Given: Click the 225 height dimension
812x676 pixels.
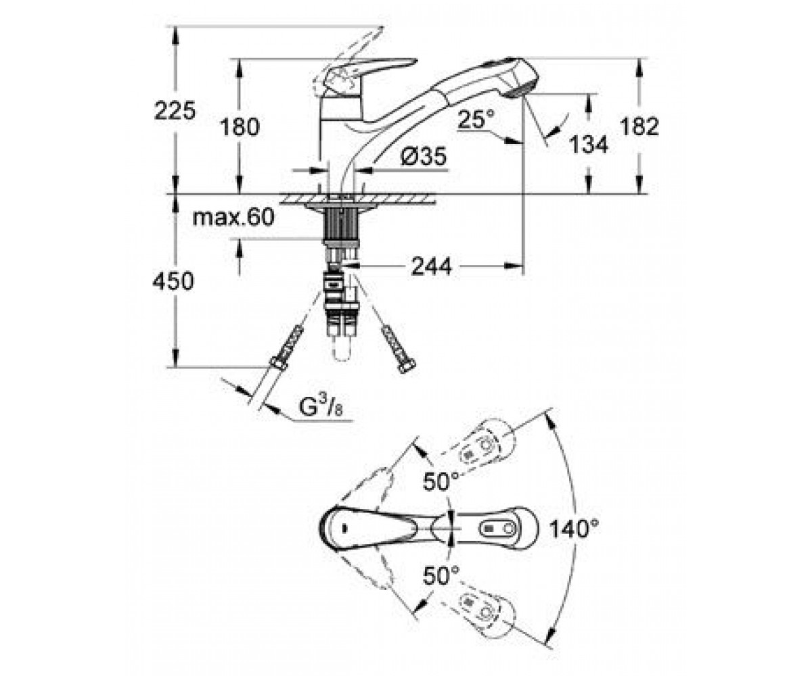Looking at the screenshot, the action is (175, 111).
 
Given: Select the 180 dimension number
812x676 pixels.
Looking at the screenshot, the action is (240, 127).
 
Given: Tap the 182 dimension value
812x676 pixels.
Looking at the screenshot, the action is (639, 126).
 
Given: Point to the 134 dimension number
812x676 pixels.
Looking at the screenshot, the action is (588, 145).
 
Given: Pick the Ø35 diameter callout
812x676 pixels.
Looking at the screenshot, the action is (424, 157).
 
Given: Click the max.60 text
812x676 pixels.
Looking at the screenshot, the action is (233, 218).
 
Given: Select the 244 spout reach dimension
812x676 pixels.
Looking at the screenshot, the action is (432, 266).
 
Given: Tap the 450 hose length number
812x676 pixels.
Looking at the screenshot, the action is (173, 281).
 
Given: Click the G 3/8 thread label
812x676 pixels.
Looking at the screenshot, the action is (321, 407).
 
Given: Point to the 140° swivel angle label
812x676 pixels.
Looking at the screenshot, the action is (574, 529).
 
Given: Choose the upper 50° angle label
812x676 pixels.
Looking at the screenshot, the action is (441, 482).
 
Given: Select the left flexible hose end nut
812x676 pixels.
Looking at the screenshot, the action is (278, 363).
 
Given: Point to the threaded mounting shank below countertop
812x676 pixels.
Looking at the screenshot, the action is (340, 225).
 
